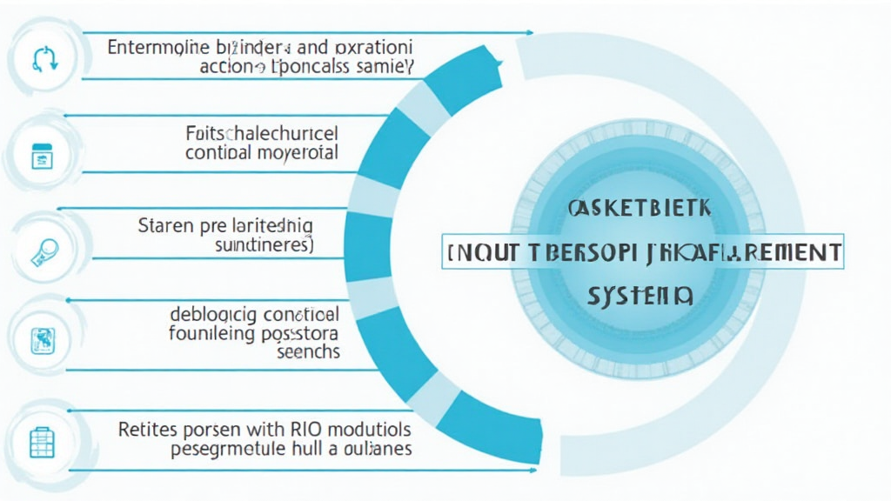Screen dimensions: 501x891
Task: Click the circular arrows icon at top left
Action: coord(43,57)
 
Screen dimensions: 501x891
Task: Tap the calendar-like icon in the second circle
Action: coord(41,157)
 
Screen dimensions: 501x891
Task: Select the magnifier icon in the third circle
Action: coord(43,251)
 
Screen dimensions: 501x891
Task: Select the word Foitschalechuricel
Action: coord(262,134)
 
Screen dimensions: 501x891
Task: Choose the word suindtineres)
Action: coord(264,246)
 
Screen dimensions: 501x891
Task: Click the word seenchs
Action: coord(308,352)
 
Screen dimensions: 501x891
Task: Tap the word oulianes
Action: coord(374,450)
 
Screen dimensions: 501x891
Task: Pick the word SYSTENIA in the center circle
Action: coord(640,297)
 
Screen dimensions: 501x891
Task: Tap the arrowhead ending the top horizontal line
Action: coord(530,33)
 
